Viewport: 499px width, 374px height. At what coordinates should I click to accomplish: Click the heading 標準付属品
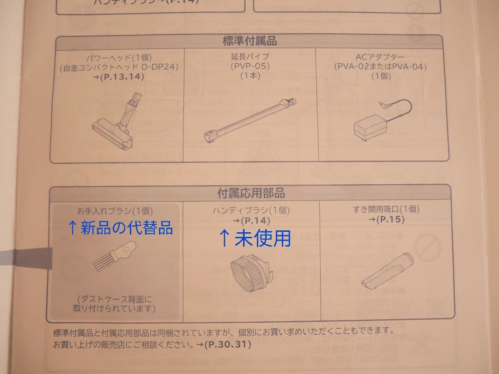coord(249,41)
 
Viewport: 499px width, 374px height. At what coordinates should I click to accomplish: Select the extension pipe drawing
coord(249,119)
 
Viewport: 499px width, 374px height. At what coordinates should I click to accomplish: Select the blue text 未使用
coord(255,238)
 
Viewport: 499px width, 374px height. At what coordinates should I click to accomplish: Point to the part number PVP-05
coord(250,66)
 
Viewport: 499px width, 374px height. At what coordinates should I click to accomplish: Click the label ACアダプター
coord(380,57)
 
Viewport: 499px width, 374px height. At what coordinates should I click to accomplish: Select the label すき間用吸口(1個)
coord(386,209)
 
